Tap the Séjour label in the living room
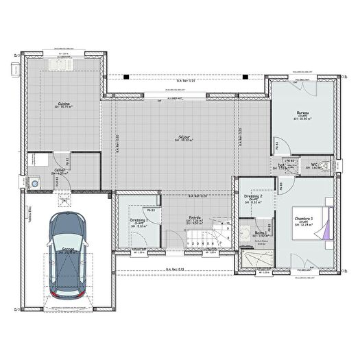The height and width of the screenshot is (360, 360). coord(184,138)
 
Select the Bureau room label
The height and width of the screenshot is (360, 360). coord(302,113)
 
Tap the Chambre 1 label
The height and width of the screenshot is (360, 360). coord(303,219)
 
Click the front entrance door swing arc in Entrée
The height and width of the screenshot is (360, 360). coord(175,239)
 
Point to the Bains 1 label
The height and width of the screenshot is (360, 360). coord(252,233)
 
